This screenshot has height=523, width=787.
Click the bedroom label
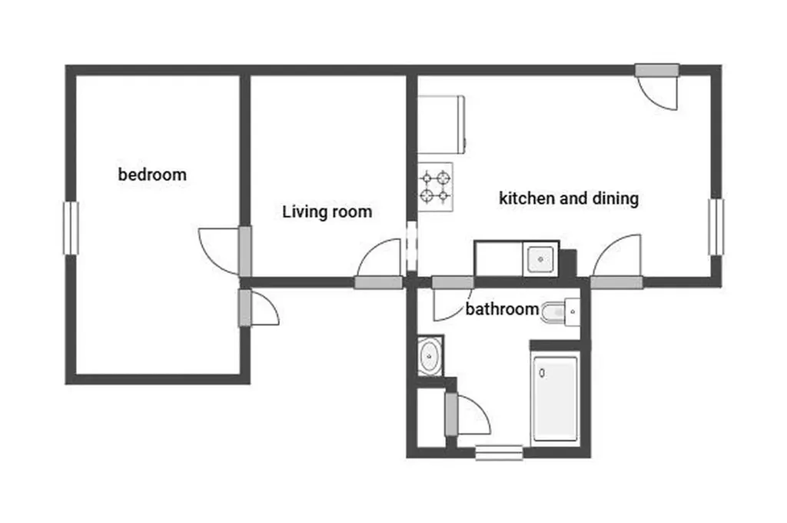coord(152,175)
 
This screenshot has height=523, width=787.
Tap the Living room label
coord(327,212)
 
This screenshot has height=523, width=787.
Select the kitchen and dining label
coord(569,198)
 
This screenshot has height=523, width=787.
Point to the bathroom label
coord(502,308)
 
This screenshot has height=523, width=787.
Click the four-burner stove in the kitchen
coord(436,187)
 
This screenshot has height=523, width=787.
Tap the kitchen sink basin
coord(540,259)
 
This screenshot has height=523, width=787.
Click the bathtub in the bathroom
coord(555,398)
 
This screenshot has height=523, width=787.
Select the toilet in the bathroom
coord(560,312)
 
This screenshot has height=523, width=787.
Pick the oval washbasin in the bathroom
coord(429,356)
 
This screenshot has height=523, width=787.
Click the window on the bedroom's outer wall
coord(71,228)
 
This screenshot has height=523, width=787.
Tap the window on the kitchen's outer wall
coord(716,227)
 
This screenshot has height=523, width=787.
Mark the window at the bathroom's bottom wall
coord(499,453)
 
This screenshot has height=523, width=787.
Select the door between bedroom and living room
coord(226,252)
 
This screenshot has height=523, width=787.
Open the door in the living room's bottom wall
coord(380,263)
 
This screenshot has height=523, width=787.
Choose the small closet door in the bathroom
coord(467,414)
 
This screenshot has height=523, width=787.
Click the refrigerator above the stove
coord(441,124)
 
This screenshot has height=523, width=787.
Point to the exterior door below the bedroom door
coord(258,307)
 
